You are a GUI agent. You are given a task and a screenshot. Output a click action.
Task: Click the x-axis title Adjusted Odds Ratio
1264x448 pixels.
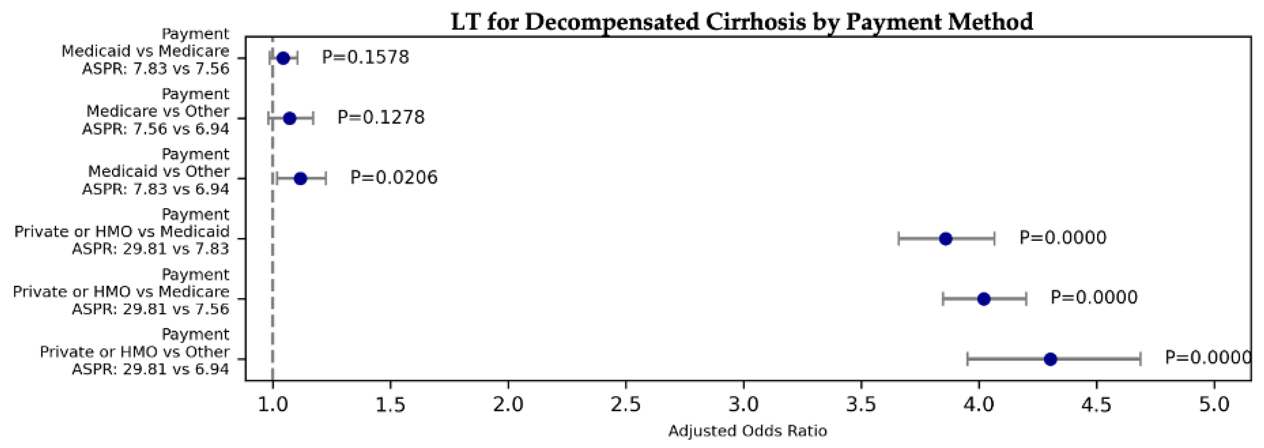(x=747, y=431)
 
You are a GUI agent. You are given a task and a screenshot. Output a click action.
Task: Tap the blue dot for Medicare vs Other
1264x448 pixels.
(x=290, y=118)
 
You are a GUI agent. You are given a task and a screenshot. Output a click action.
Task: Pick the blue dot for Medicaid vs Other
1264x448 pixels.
(x=301, y=179)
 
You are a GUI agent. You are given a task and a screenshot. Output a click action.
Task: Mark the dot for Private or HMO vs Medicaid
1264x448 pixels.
(x=946, y=239)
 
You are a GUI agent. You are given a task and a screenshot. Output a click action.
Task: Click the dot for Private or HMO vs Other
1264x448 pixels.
(x=1050, y=359)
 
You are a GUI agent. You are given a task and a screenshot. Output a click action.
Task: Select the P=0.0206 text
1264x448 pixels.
(x=393, y=177)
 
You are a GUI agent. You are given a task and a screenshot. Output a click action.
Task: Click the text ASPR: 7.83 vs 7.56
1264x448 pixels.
(x=155, y=68)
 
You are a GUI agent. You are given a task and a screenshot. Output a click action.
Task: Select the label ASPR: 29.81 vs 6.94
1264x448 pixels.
(x=151, y=369)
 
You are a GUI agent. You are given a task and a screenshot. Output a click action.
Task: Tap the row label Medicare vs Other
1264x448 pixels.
(x=158, y=111)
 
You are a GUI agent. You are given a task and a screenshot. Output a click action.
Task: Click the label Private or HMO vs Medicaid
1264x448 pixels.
(x=122, y=231)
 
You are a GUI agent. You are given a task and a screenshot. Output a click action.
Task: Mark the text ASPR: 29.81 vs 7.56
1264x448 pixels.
(x=151, y=309)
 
